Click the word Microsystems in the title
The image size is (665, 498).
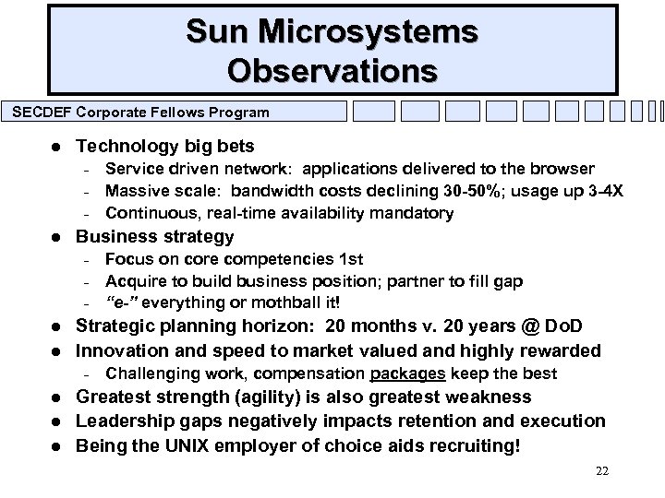coord(373,31)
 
